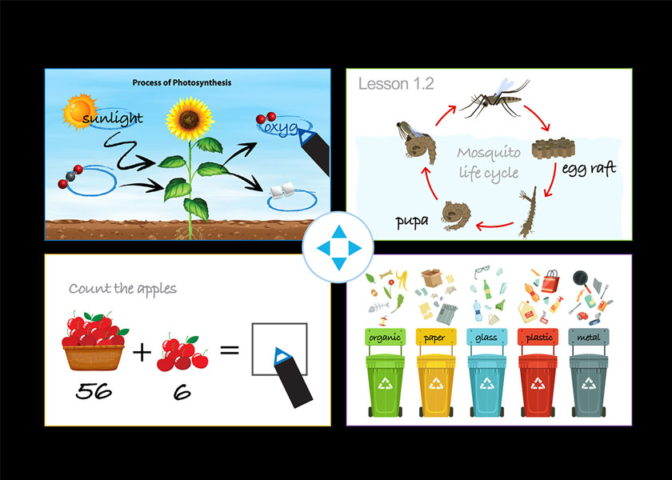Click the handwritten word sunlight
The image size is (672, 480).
point(112,118)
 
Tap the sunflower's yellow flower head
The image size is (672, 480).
point(189,119)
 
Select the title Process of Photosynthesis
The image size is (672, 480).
point(182,82)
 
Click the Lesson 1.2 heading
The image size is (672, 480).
point(396,83)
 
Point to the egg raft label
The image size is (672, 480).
point(589,168)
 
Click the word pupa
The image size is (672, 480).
point(412,222)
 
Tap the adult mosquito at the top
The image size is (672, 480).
point(493,99)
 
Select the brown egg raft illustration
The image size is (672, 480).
point(554,148)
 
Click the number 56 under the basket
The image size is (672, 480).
point(94,391)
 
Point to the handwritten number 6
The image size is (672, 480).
point(182,393)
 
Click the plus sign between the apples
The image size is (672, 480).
point(142,353)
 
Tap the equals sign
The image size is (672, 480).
point(230,350)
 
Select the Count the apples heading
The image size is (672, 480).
point(122,289)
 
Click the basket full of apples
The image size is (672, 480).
point(94,342)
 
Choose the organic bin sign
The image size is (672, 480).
point(385,338)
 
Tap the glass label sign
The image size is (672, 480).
point(486,338)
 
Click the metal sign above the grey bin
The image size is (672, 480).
point(589,338)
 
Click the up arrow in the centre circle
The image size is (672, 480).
point(339,232)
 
